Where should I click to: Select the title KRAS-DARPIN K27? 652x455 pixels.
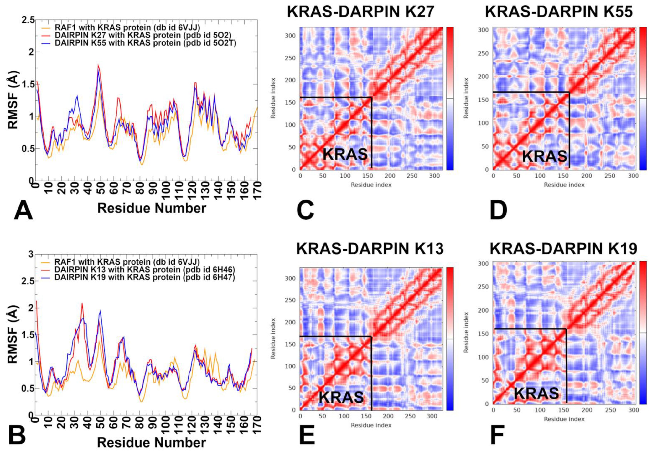click(x=361, y=12)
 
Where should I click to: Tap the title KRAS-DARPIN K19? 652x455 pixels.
click(x=563, y=249)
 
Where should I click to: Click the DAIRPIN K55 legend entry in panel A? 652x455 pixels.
click(x=145, y=43)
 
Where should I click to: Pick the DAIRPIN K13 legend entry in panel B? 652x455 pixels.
click(x=144, y=269)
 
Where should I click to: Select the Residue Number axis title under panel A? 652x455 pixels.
click(x=152, y=208)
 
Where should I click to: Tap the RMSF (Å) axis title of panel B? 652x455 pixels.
click(x=13, y=334)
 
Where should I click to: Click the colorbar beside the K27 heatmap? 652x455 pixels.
click(x=450, y=98)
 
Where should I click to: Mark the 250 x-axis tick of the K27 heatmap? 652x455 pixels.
click(x=412, y=176)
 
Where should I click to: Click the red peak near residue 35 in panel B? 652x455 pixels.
click(x=82, y=303)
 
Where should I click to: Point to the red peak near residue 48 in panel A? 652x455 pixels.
click(x=98, y=65)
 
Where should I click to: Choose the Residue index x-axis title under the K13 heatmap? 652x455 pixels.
click(x=371, y=425)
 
